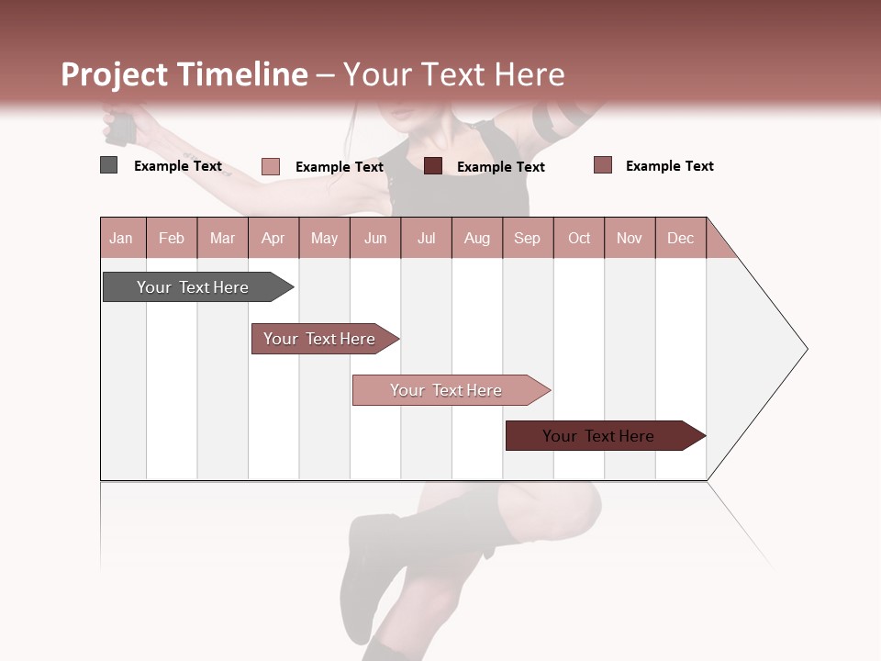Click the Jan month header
121,239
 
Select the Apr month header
273,239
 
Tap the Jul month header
426,239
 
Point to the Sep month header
527,239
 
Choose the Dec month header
680,239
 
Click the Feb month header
172,239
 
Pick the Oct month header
579,239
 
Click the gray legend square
108,165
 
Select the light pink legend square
270,166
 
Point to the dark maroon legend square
433,165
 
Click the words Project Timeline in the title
184,74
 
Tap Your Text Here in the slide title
453,74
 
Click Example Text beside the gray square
178,166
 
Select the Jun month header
375,239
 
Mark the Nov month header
630,239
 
